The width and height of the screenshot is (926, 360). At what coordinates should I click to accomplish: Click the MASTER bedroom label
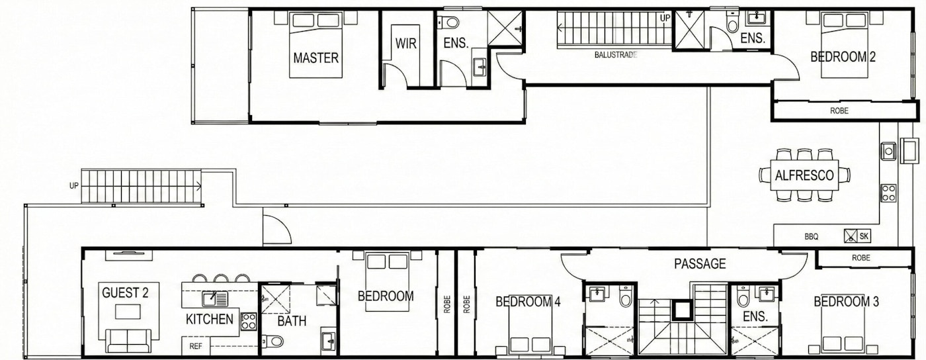tap(316, 58)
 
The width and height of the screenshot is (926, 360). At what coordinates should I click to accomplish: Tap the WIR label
tap(406, 44)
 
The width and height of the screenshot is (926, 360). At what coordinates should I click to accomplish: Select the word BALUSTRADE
tap(616, 55)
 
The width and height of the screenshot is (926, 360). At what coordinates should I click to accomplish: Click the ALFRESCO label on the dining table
tap(804, 175)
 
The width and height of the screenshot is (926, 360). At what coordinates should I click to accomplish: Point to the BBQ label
tap(811, 237)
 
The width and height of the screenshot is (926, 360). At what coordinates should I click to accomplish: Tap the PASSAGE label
tap(700, 263)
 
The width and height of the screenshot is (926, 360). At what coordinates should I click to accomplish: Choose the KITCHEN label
tap(210, 319)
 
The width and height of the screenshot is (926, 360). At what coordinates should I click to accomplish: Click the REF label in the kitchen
tap(196, 346)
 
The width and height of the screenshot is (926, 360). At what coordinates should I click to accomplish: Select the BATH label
tap(292, 321)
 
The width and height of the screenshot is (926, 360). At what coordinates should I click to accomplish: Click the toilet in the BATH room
tap(273, 341)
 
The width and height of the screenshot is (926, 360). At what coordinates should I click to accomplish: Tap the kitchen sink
tap(214, 298)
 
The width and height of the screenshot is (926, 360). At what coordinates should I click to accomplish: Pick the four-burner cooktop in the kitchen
tap(249, 321)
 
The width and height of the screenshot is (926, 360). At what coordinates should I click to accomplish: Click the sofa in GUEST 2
tap(128, 340)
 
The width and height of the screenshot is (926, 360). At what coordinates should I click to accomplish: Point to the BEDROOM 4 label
tap(528, 302)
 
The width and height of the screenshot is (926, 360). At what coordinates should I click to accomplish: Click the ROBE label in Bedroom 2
tap(839, 111)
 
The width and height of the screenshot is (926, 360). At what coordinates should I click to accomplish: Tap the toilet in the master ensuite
tap(448, 22)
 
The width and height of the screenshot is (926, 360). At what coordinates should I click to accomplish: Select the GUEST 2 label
tap(125, 293)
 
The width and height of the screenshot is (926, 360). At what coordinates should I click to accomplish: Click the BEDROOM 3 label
tap(846, 302)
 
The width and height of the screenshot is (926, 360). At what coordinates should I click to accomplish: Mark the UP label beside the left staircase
tap(74, 186)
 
